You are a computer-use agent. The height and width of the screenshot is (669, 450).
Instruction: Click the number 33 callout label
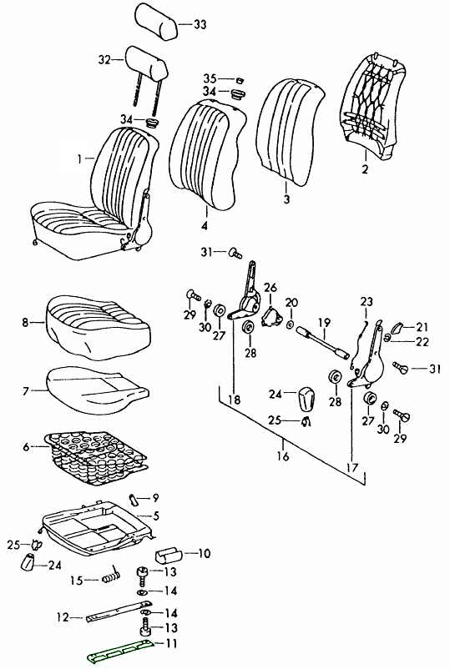(200, 25)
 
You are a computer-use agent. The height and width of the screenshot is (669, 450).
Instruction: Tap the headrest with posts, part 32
(145, 70)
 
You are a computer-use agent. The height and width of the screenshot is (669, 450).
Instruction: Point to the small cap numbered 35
(239, 80)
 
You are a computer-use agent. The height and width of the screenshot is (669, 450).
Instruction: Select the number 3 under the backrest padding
(286, 199)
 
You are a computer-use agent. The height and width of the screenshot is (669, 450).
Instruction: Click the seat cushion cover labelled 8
(98, 327)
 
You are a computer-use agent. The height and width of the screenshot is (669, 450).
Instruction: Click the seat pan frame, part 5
(98, 527)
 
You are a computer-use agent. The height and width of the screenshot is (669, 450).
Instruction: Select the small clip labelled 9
(133, 499)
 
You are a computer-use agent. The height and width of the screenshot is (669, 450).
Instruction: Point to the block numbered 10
(167, 555)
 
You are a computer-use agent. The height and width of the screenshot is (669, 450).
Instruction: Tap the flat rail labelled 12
(119, 610)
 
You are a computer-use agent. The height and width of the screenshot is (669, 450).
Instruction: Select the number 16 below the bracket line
(283, 456)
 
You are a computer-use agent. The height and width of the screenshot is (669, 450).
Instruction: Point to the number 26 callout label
(271, 288)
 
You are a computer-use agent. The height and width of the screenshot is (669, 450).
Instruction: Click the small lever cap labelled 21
(397, 329)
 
